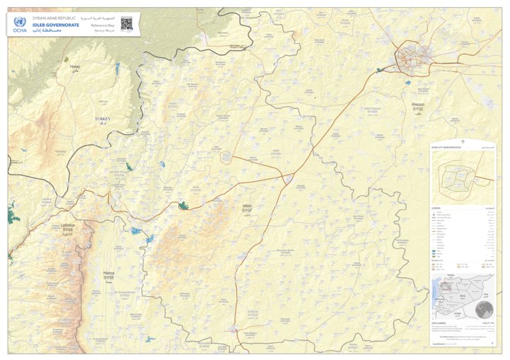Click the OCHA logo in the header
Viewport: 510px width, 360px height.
pos(18,25)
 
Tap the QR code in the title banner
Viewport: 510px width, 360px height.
pos(126,23)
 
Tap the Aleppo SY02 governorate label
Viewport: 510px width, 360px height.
pos(417,107)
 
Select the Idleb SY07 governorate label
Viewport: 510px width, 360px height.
pos(247,208)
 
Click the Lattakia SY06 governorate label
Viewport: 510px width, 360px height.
pos(68,227)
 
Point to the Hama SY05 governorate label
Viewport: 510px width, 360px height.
pos(108,274)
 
